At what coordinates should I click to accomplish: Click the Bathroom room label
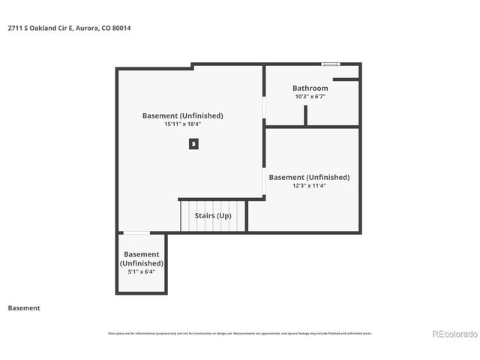310,88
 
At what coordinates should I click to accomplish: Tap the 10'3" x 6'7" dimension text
310,97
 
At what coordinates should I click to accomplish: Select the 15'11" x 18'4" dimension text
183,124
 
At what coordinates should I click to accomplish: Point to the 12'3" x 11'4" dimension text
309,185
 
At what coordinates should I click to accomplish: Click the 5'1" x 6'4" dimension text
141,271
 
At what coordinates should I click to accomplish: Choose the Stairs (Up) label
213,216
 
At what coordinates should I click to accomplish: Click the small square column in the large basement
193,143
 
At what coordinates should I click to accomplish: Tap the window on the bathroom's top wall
330,64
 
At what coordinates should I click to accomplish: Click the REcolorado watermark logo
454,334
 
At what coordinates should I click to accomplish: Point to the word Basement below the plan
24,308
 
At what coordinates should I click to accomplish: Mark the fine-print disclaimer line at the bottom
240,334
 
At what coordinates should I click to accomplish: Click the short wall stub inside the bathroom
305,115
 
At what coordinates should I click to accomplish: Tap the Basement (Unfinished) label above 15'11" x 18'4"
183,115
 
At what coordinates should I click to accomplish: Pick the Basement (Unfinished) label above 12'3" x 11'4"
309,177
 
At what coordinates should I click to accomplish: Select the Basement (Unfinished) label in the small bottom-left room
141,259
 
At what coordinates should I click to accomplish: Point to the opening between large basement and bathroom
264,108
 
